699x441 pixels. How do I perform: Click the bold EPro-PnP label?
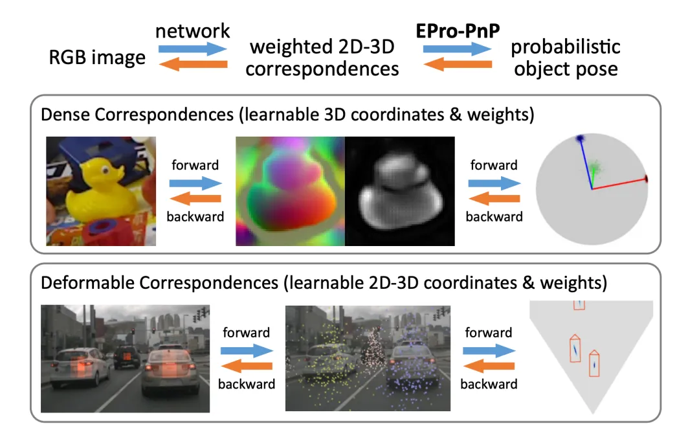coord(458,31)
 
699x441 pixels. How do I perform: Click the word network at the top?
coord(193,31)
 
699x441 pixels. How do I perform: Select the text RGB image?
coord(97,58)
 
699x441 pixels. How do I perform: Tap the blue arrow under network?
coord(193,49)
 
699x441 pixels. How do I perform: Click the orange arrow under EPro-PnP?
coord(458,64)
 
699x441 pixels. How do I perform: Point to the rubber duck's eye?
coord(105,170)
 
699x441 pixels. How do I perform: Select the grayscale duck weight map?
coord(400,191)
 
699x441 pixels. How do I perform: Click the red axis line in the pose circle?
coord(619,184)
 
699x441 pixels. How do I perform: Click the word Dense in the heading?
coord(67,115)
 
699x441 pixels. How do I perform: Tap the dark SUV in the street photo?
coord(126,356)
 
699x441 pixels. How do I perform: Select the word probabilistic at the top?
coord(565,47)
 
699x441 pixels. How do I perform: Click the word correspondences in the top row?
coord(322,69)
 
